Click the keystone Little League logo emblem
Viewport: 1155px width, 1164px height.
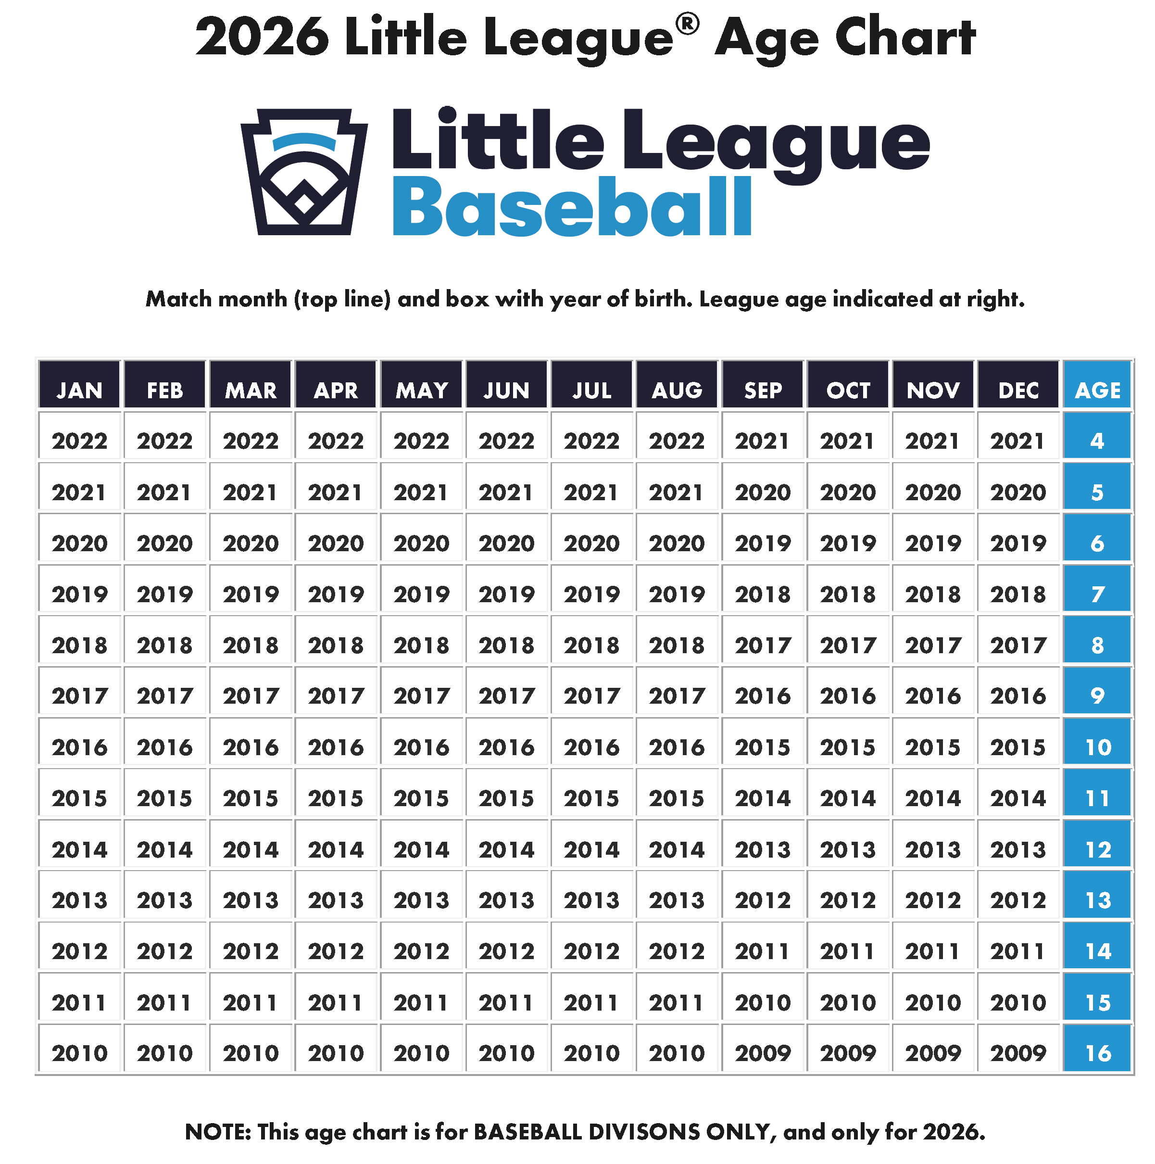[x=304, y=172]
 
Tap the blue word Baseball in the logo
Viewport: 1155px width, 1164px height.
[x=572, y=207]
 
